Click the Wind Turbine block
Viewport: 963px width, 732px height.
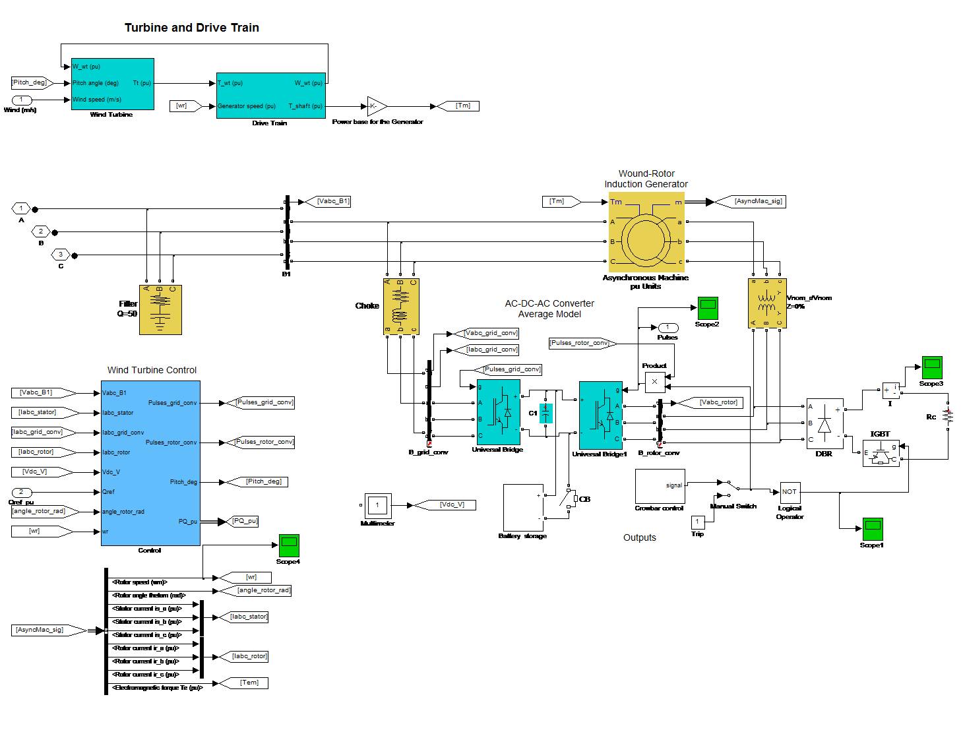pos(112,84)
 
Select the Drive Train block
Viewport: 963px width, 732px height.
pos(270,96)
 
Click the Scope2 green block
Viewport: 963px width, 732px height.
pos(708,308)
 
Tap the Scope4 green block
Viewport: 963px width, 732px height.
pos(289,545)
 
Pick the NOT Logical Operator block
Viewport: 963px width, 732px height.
pos(790,492)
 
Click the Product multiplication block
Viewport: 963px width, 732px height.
pos(654,381)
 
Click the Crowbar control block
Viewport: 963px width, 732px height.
pos(660,486)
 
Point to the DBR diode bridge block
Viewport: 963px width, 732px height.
pos(824,423)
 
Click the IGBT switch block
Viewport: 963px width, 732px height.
pos(881,454)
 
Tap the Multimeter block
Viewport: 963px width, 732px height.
pos(377,506)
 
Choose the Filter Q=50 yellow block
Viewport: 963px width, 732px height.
pos(160,310)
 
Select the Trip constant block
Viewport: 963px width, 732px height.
pos(698,522)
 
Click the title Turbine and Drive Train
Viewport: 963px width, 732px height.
pos(192,28)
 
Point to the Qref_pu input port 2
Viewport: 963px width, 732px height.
pos(22,492)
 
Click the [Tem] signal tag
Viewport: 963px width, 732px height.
pos(249,683)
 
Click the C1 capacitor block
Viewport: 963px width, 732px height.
pos(545,413)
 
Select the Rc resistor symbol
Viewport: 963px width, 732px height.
pos(948,416)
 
